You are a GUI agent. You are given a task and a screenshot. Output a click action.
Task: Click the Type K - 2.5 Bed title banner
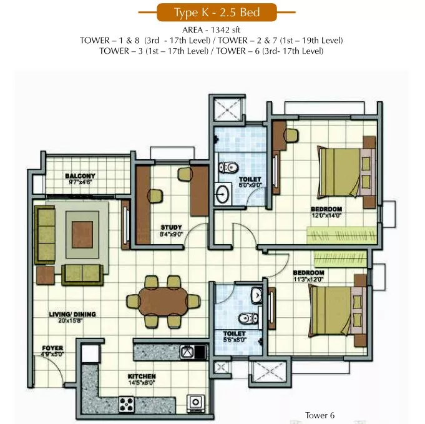[217, 12]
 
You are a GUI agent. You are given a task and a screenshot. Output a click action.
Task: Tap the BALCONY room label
[81, 176]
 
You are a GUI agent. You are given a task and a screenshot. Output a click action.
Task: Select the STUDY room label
[171, 227]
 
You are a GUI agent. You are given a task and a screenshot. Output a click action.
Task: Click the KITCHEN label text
[142, 377]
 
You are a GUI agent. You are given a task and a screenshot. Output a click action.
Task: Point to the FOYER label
[52, 348]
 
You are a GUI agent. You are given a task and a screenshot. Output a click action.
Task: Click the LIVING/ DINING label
[72, 314]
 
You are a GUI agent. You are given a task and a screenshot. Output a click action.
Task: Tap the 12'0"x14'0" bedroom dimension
[326, 215]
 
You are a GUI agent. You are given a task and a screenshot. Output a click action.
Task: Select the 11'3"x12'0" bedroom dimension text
[308, 279]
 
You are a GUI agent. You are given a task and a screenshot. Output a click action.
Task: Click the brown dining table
[164, 302]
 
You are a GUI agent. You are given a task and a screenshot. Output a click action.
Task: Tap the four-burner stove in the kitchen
[127, 405]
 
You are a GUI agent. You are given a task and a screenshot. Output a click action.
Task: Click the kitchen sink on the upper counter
[187, 352]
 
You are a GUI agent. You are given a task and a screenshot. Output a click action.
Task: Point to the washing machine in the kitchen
[195, 403]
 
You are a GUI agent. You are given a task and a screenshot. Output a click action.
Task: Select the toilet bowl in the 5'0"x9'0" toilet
[228, 167]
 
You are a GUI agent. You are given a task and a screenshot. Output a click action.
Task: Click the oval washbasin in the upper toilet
[223, 194]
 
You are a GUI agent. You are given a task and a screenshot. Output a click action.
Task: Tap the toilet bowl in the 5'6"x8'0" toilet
[248, 318]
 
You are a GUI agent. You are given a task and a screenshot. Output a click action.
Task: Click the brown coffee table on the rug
[82, 235]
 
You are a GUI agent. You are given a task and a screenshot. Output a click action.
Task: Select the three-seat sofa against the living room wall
[45, 235]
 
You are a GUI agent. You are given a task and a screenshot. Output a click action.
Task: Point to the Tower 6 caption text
[320, 415]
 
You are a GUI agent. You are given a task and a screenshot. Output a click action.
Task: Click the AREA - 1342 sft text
[211, 30]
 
